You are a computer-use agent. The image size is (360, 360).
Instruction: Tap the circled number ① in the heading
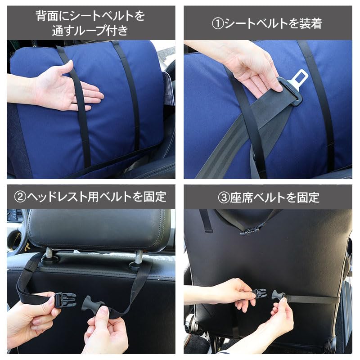pos(218,24)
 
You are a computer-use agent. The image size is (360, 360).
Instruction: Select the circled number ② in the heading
pos(20,197)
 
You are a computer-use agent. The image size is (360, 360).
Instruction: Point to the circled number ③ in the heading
pos(224,198)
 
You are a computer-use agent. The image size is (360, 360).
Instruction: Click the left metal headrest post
pos(49,253)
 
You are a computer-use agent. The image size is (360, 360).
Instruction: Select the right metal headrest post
pos(139,257)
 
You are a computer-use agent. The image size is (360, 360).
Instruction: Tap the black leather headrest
pos(99,229)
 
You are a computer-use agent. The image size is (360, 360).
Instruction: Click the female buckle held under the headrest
pos(65,300)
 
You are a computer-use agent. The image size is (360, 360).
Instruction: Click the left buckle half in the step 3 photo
pos(260,293)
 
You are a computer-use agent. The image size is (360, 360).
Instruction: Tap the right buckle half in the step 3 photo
pos(278,296)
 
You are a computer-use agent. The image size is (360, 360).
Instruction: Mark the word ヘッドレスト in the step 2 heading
pos(57,197)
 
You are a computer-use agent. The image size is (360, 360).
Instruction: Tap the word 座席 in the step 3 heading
pos(241,198)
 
